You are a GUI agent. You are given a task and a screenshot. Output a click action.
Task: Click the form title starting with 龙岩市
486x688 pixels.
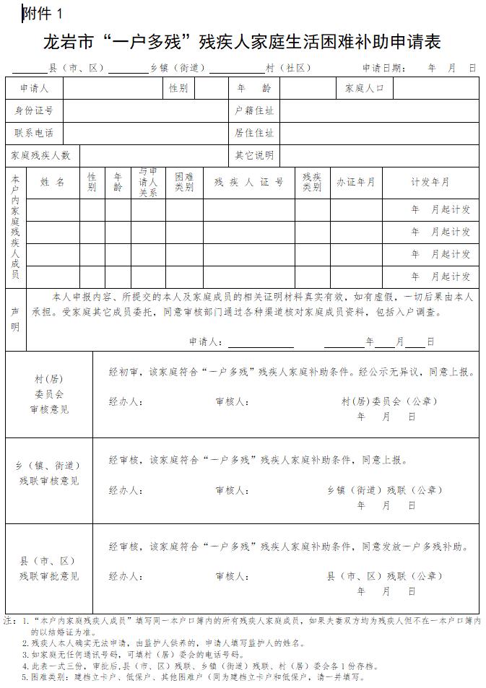point(242,41)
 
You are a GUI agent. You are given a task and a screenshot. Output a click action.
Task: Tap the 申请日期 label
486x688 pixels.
point(383,69)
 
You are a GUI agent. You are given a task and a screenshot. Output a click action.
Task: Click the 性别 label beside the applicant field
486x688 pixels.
point(178,88)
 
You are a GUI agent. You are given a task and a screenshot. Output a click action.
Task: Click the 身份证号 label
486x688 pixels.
point(34,110)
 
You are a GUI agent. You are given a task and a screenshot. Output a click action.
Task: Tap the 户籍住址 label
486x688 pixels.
point(254,110)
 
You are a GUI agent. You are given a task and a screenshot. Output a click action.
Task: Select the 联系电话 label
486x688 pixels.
point(34,133)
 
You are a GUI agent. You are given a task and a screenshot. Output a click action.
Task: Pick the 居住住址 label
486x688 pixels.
point(254,133)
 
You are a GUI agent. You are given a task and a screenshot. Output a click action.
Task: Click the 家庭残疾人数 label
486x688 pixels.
point(40,155)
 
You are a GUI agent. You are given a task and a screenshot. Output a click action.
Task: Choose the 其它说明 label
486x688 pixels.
point(254,155)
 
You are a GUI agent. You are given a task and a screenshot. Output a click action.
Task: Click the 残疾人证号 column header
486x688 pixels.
point(248,183)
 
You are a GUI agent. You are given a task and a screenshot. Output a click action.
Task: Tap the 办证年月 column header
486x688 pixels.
point(355,183)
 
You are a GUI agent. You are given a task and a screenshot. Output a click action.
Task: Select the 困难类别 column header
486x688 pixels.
point(184,183)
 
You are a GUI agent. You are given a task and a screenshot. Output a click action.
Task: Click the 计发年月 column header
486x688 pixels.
point(430,183)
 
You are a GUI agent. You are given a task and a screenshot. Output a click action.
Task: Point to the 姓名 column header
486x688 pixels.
point(53,183)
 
